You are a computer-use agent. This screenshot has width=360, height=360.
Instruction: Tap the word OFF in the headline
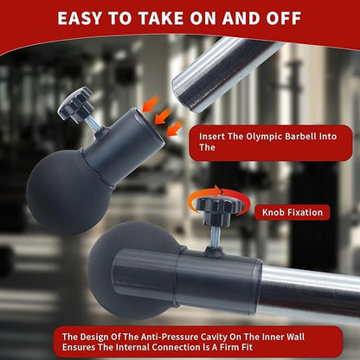point(284,18)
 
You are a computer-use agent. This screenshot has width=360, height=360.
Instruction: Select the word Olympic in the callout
point(264,137)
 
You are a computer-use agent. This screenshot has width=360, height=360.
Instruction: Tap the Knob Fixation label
point(292,213)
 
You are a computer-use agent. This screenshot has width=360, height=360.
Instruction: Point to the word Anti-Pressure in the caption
point(169,337)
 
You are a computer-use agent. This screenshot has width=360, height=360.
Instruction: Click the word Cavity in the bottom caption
point(214,337)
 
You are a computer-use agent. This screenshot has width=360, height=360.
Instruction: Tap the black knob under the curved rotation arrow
point(219,208)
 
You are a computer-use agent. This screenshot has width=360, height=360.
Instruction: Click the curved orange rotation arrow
point(219,196)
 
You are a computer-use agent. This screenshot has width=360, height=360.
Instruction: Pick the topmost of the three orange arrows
point(151,104)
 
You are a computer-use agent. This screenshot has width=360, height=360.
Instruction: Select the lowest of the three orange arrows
point(175,128)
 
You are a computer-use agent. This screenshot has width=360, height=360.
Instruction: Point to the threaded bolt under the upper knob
point(93,123)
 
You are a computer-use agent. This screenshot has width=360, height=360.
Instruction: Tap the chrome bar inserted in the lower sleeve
point(310,292)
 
